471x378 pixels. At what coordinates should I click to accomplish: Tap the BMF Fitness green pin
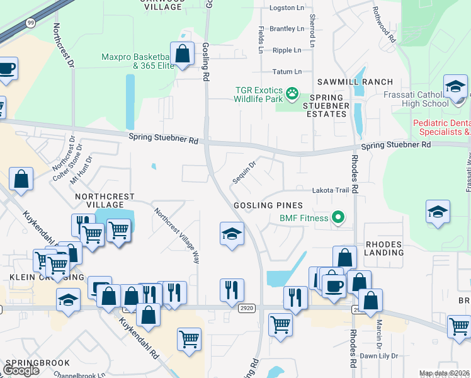point(338,219)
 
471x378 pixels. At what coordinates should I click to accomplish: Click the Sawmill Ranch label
point(355,82)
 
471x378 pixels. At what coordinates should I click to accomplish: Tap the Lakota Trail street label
point(331,190)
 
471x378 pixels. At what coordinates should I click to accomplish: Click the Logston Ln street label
point(287,8)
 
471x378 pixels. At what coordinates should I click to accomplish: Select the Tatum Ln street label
point(287,72)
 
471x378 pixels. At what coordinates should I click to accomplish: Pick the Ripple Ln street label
point(287,50)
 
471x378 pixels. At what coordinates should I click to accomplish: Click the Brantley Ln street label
point(287,29)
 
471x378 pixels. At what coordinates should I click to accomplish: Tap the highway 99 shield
point(30,23)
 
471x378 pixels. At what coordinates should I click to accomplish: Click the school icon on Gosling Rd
point(232,234)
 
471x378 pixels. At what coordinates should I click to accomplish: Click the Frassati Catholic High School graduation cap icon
point(455,86)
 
